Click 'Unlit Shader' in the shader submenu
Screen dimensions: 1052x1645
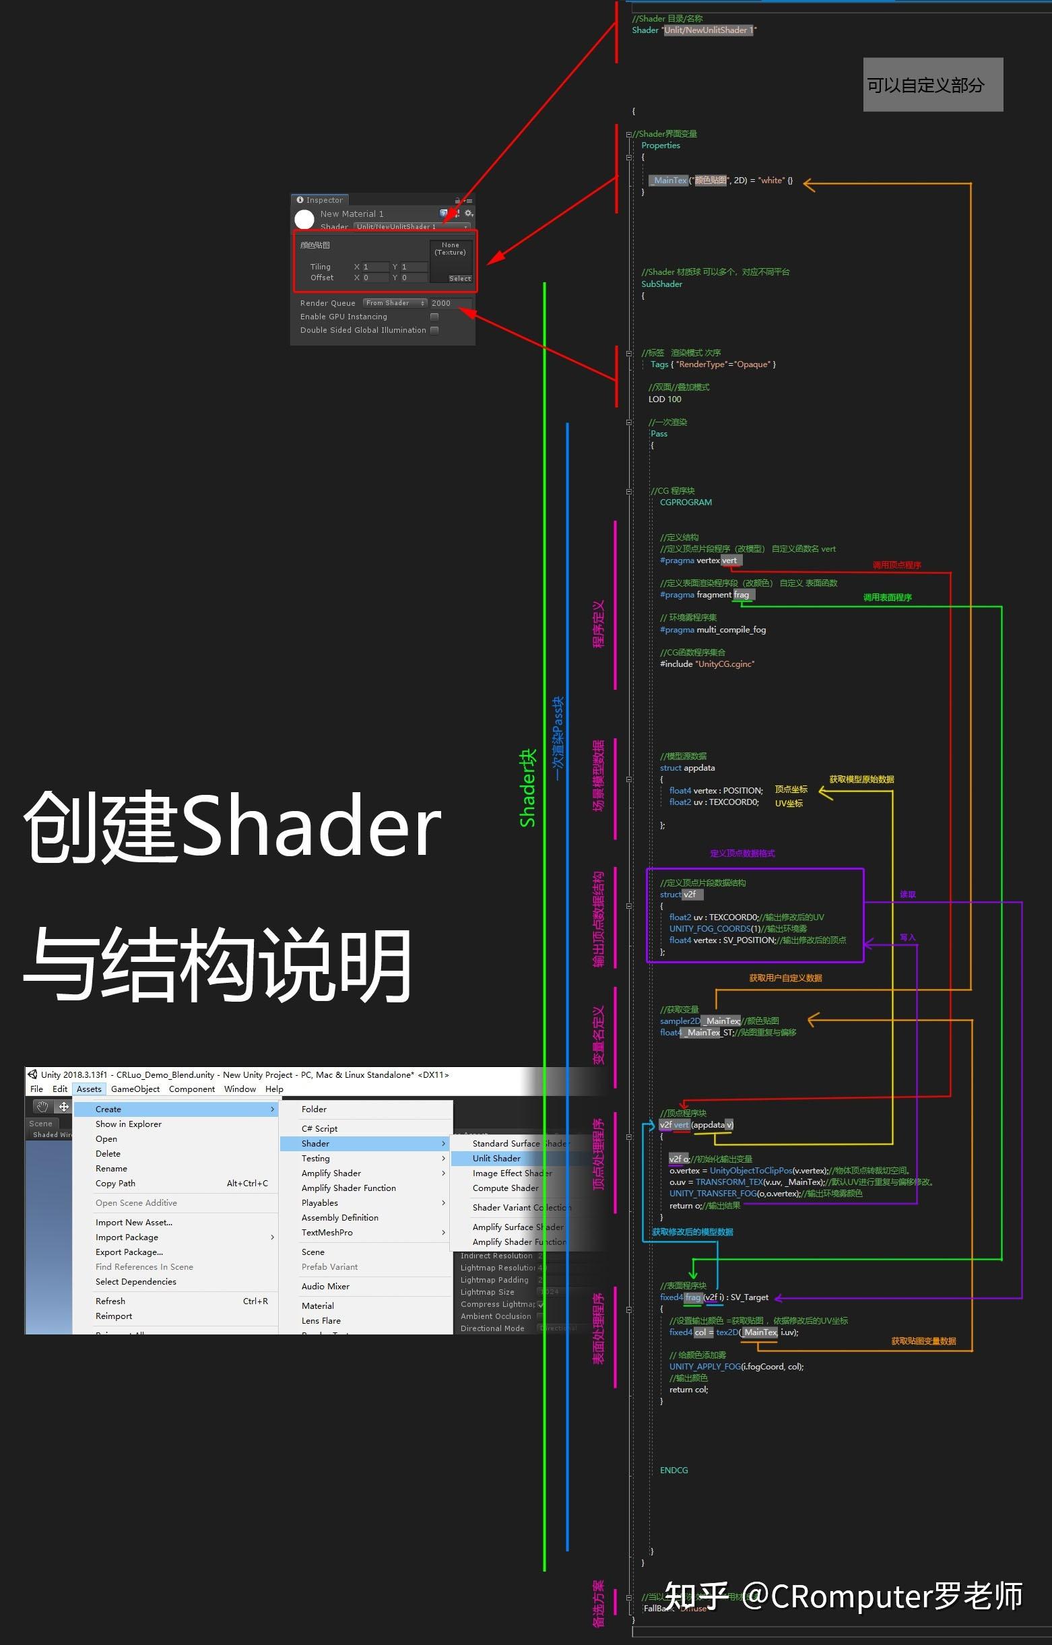(496, 1159)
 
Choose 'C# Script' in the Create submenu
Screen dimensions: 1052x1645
(320, 1129)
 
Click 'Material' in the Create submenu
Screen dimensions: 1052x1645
(318, 1306)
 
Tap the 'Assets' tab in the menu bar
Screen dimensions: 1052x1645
(89, 1090)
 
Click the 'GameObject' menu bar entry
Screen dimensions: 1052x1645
(135, 1090)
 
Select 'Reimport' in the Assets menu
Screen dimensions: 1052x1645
(114, 1316)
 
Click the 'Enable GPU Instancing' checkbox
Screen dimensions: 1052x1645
(434, 317)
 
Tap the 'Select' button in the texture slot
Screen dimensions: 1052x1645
(460, 279)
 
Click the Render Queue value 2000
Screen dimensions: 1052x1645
(441, 303)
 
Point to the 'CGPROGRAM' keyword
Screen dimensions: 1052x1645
(686, 503)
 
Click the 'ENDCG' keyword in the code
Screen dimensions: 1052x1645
(673, 1470)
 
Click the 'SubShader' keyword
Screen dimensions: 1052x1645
(661, 284)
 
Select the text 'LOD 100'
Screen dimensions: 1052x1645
(665, 399)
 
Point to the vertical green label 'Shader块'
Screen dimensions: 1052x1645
(527, 788)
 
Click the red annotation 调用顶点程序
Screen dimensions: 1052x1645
(896, 565)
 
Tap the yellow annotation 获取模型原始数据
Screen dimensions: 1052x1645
(861, 779)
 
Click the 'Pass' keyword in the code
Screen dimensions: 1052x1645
(659, 434)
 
